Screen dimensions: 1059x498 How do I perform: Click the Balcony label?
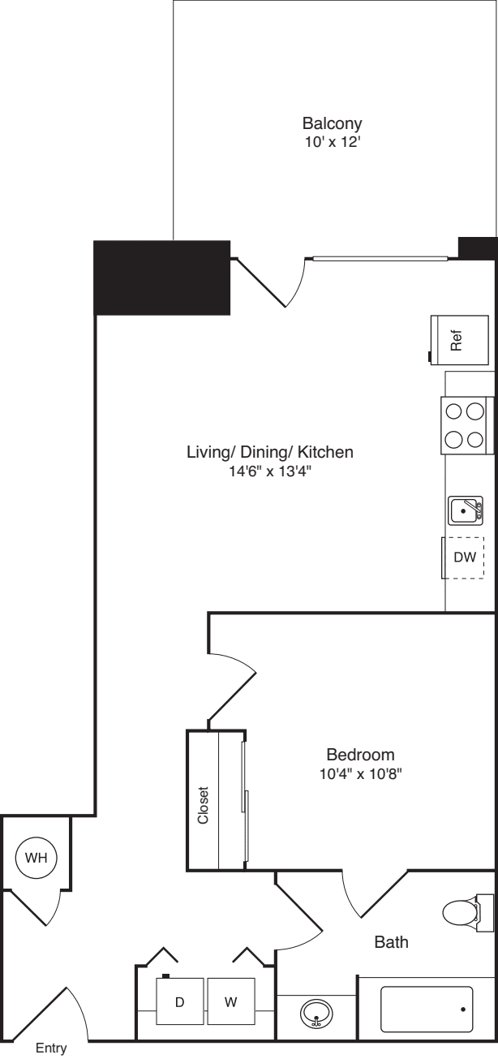coord(332,124)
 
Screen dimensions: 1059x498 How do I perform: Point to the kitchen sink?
coord(466,510)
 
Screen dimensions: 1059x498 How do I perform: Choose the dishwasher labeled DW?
coord(463,557)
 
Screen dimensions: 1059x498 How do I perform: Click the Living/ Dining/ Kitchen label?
coord(270,452)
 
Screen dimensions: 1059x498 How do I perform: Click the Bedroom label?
coord(360,753)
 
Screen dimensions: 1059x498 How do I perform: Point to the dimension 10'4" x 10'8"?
coord(360,773)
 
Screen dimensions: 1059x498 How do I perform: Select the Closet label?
coord(203,806)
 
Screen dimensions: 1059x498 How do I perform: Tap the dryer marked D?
coord(179,1002)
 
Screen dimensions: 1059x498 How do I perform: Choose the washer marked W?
coord(231,1002)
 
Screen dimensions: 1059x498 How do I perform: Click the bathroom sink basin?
coord(316,1013)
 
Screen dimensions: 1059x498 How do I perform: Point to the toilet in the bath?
coord(464,912)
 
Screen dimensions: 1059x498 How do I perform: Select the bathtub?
coord(426,1009)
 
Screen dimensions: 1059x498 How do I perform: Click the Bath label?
coord(391,942)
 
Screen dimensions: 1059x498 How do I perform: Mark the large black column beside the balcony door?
coord(162,278)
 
